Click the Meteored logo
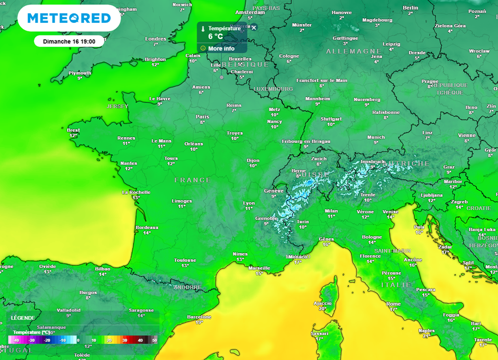point(69,18)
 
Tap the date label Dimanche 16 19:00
point(69,41)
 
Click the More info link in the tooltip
point(221,49)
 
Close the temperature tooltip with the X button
point(253,28)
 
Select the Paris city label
point(202,117)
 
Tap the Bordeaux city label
point(147,227)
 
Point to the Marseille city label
point(259,268)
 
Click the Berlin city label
point(410,8)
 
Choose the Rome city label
point(393,304)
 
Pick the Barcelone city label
point(199,317)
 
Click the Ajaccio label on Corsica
point(322,303)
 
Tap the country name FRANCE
point(193,180)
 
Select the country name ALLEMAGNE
point(354,51)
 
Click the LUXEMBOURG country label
point(273,89)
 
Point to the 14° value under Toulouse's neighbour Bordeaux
point(147,233)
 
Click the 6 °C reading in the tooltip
point(216,36)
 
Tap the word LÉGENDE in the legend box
point(23,318)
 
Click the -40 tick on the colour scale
point(16,341)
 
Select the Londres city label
point(156,39)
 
